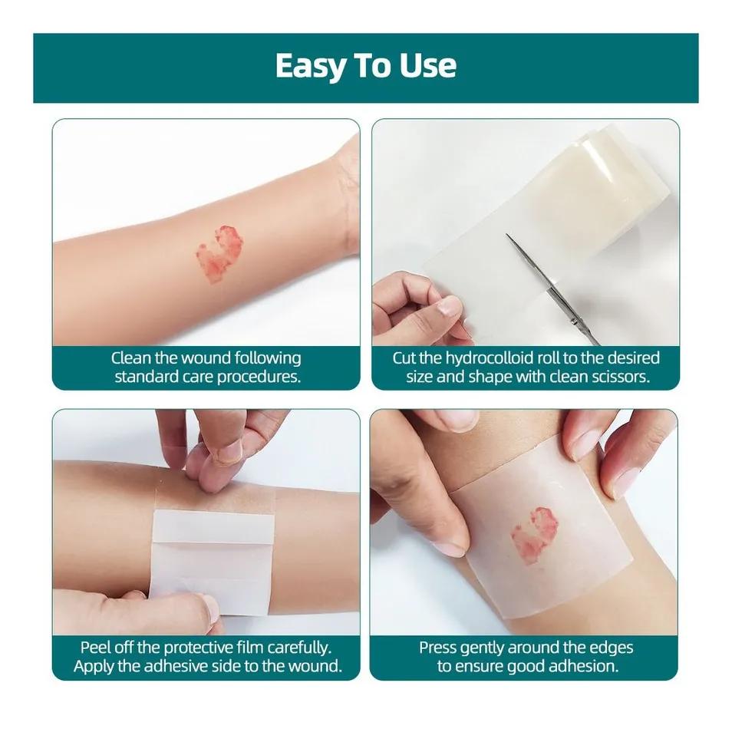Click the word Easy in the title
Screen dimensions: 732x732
coord(311,67)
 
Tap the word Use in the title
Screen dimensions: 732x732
coord(427,67)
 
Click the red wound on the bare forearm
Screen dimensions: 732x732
coord(219,252)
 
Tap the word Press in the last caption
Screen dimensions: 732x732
coord(439,648)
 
